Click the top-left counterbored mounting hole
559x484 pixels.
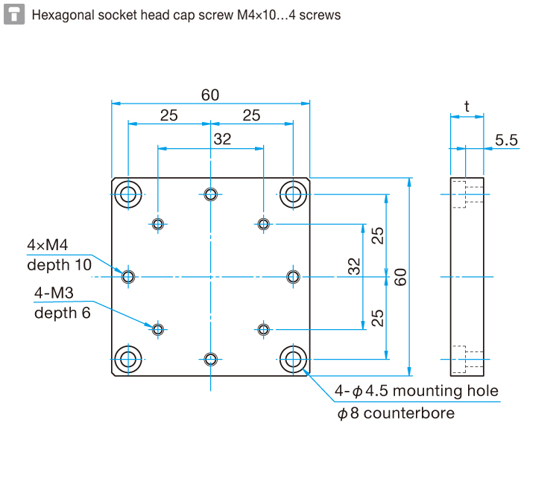[x=128, y=196]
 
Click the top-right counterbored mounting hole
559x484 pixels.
[x=294, y=196]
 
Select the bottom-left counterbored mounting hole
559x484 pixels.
[x=128, y=360]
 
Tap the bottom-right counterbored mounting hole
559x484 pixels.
[x=294, y=360]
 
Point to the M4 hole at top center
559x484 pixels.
[x=211, y=195]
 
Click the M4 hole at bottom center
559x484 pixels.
[x=211, y=360]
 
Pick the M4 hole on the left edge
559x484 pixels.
[x=128, y=277]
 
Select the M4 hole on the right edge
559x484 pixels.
[x=294, y=277]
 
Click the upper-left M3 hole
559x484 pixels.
[x=158, y=223]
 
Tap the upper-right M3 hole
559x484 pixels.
[x=263, y=223]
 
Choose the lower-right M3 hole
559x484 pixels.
[x=263, y=329]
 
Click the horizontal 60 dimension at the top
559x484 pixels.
[x=210, y=95]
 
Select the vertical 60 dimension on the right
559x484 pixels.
[x=400, y=277]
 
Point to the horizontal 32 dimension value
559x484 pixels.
[x=222, y=138]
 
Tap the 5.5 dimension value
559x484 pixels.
[x=506, y=139]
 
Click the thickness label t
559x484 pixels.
[x=467, y=106]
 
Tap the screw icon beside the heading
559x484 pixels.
[x=13, y=14]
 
